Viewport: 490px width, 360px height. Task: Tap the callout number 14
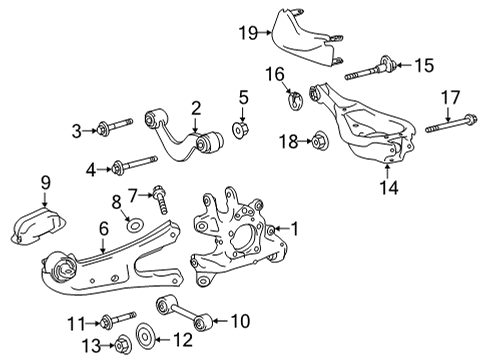point(389,184)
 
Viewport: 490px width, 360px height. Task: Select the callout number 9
point(44,183)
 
